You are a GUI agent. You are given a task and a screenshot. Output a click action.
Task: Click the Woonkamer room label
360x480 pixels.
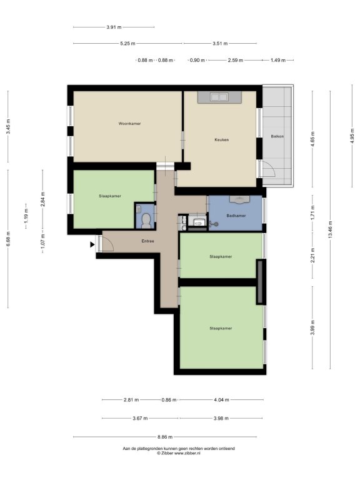tap(129, 124)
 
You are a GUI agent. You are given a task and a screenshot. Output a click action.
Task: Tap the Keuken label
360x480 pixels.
tap(222, 139)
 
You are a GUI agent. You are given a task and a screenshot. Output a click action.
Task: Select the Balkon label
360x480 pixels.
tap(277, 136)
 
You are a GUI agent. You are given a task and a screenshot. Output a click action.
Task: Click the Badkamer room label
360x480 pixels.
tap(236, 216)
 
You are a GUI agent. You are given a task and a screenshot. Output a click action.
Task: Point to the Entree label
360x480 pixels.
tap(147, 241)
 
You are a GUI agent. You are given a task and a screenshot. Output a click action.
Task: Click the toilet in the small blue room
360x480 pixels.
tap(146, 221)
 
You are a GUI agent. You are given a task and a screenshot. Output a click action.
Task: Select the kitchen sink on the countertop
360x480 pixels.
tap(219, 97)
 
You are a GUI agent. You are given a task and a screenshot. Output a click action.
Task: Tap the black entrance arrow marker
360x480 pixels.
tap(92, 244)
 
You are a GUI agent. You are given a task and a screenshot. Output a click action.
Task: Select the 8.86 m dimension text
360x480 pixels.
tap(165, 437)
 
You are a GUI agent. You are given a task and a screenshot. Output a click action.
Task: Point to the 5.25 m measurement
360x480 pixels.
tap(127, 44)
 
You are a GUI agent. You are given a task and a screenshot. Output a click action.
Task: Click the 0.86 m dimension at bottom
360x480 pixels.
tap(169, 400)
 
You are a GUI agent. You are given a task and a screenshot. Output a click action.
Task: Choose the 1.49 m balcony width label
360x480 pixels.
tap(278, 60)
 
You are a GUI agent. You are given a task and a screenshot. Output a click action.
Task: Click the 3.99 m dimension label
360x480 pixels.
tap(312, 327)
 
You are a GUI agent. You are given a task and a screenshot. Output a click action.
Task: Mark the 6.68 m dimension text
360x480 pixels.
tap(8, 239)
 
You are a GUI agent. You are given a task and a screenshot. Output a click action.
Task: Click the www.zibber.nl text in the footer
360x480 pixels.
tap(187, 453)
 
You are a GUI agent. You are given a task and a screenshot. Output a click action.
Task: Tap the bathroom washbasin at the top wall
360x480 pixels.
tap(239, 199)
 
